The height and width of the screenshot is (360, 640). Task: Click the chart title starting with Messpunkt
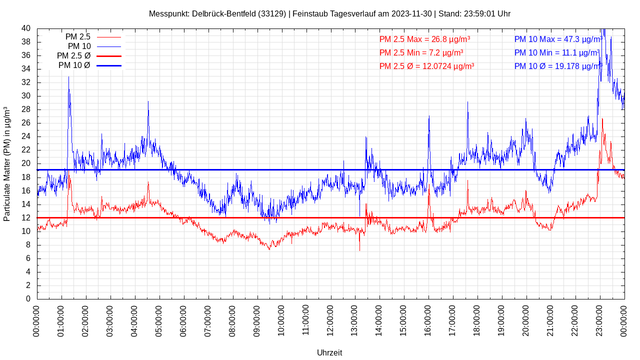329,13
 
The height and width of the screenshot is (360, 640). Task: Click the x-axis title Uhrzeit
329,352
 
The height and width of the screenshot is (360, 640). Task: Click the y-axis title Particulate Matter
7,163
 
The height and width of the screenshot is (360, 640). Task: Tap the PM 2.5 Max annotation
424,39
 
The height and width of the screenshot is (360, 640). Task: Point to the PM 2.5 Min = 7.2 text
421,52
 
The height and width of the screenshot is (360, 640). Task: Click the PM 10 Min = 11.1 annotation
557,52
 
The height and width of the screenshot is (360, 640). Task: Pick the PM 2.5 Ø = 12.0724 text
426,66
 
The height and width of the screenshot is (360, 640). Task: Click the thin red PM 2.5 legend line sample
109,37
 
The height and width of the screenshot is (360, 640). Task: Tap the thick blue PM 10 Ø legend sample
109,65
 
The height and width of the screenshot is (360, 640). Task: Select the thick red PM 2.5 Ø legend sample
109,56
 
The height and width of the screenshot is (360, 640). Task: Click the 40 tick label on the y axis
26,28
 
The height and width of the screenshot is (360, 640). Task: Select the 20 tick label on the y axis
26,163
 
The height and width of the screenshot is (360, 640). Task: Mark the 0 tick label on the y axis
28,298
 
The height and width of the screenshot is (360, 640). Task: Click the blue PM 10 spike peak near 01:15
68,77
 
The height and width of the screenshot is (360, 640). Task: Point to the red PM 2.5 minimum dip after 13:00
359,250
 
